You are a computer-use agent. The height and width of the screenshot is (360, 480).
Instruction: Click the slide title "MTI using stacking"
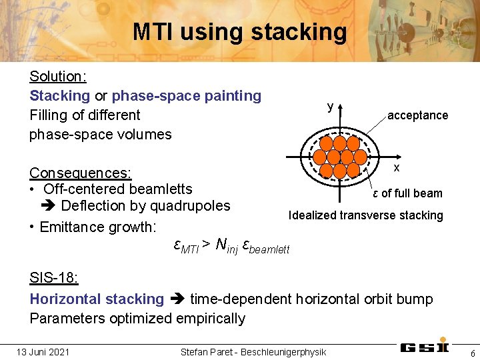coord(239,31)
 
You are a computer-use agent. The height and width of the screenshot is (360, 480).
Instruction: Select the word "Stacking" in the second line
coord(59,95)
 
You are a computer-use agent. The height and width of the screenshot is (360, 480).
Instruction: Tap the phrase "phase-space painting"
coord(187,95)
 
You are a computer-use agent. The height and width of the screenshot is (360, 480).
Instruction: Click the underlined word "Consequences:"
coord(80,173)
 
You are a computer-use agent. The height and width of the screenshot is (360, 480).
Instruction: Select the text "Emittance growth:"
coord(97,227)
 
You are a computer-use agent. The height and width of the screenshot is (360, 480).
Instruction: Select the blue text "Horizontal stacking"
coord(97,299)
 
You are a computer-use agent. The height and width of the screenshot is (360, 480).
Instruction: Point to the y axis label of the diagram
coord(330,106)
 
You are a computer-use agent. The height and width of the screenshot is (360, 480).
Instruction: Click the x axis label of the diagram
coord(396,167)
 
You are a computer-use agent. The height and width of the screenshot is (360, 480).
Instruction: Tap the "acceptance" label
coord(417,115)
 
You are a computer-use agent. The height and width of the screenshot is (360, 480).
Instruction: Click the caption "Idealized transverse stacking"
coord(365,215)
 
